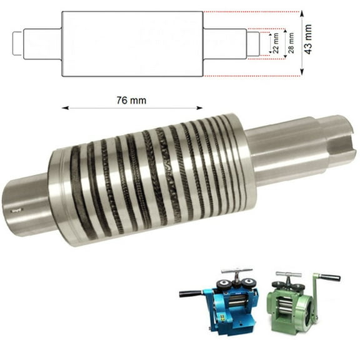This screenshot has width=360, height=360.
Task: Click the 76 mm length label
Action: [x=131, y=100]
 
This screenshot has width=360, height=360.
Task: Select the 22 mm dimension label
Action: [x=276, y=44]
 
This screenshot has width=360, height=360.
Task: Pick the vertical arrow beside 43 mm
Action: [x=301, y=43]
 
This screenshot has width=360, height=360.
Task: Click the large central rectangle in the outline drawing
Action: [x=132, y=44]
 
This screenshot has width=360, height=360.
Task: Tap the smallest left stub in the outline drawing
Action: [x=17, y=44]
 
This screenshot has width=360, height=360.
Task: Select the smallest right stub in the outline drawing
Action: [x=252, y=44]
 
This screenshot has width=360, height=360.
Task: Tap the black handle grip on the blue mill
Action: [x=188, y=292]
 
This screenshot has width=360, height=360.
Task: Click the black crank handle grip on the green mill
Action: [x=329, y=277]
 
